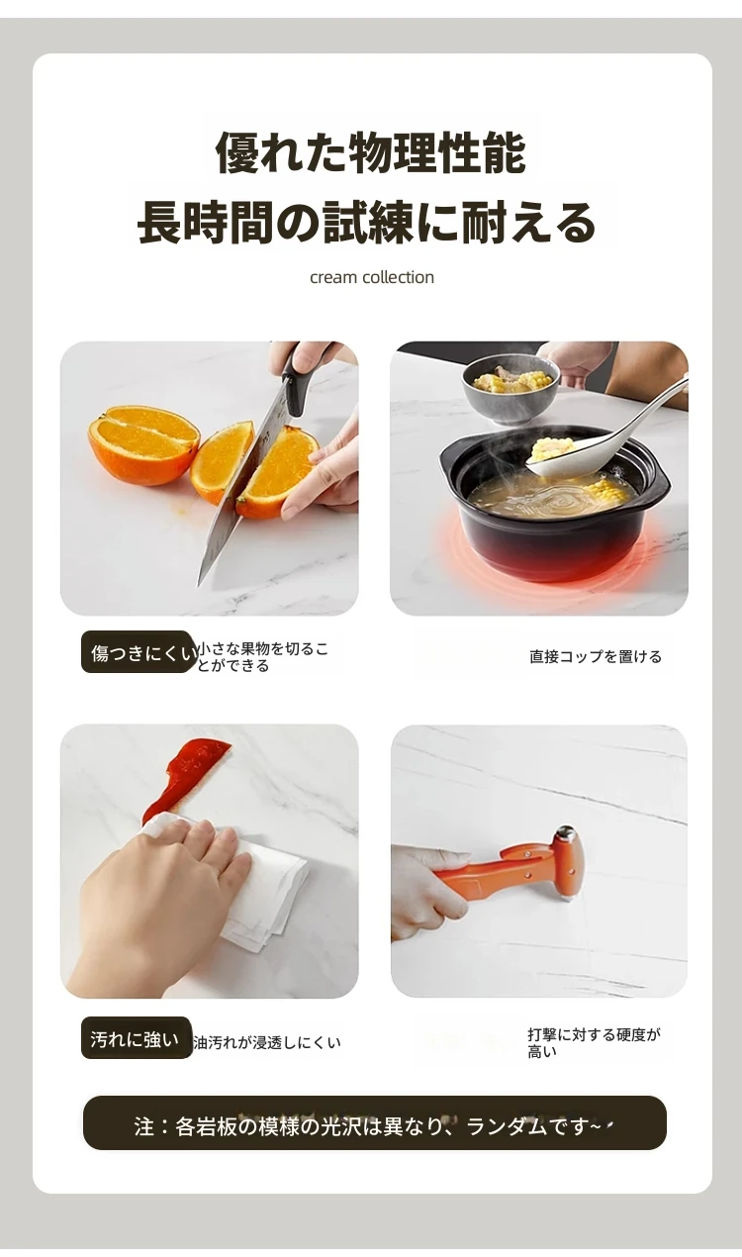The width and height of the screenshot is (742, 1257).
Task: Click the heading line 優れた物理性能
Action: point(371,152)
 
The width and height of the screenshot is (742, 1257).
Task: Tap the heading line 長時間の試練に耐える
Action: point(366,222)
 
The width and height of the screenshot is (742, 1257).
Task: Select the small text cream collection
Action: point(372,277)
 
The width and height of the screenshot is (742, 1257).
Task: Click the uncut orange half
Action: point(143,444)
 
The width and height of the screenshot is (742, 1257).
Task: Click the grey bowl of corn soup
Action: point(510,390)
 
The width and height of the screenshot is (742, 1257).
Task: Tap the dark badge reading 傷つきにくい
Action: point(139,652)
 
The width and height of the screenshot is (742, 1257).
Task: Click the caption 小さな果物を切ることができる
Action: point(263,657)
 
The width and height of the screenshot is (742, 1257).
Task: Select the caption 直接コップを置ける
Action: point(596,656)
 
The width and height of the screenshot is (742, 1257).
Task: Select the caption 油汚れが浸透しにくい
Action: point(267,1042)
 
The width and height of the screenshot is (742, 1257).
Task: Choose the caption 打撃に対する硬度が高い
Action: point(594,1042)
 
